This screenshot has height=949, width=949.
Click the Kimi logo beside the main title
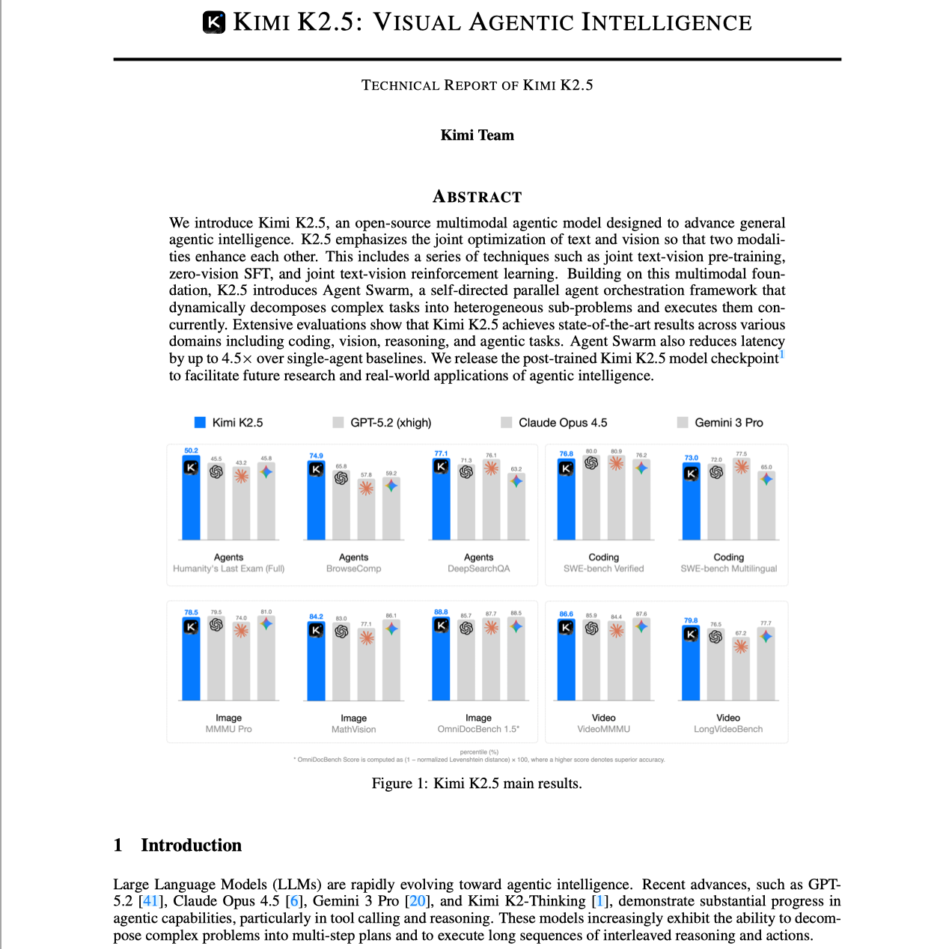[214, 22]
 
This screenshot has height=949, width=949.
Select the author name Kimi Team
[477, 135]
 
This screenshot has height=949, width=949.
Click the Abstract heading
[477, 197]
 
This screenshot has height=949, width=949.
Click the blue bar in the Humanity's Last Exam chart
[192, 498]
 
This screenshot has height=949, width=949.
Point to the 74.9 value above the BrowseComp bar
[317, 456]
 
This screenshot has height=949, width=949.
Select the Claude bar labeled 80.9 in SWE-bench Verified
[616, 498]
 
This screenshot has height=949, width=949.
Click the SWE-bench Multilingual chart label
[728, 569]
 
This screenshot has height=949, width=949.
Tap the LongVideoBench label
[728, 729]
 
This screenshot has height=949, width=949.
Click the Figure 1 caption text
[477, 784]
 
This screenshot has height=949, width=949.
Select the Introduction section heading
[191, 846]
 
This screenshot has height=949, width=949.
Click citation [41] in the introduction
[150, 901]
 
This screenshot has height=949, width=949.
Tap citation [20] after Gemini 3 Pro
[418, 901]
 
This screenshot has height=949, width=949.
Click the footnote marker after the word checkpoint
[782, 354]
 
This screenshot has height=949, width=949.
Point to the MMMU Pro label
[228, 729]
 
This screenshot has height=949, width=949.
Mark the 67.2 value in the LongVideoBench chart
[741, 633]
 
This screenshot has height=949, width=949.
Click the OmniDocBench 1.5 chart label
[478, 729]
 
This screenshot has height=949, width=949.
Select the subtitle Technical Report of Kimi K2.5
[477, 85]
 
